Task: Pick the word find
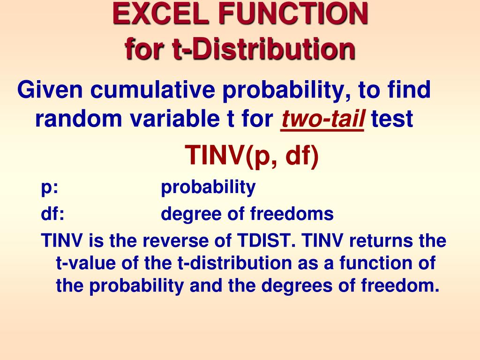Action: click(408, 90)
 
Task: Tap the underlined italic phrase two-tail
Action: click(322, 120)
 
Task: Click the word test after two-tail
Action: click(392, 120)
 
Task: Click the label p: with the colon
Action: click(50, 188)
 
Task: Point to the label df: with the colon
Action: click(52, 214)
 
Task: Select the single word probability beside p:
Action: click(208, 188)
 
